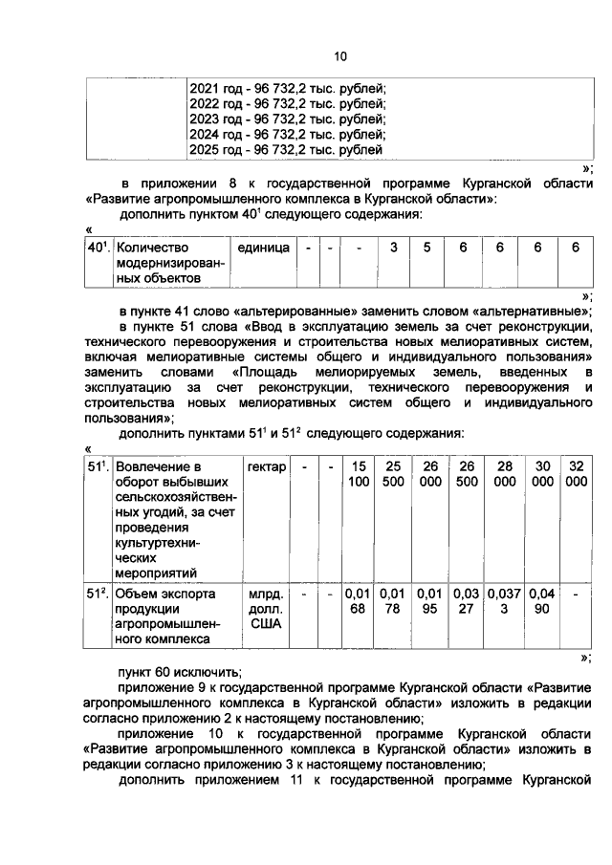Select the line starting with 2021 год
coord(286,87)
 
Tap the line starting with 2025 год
coord(286,150)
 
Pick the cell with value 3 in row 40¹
coord(393,248)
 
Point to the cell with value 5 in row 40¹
coord(427,248)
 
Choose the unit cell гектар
coord(266,465)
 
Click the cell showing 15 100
coord(359,473)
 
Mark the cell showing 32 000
coord(576,473)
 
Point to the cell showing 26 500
coord(466,473)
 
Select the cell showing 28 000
coord(504,473)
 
